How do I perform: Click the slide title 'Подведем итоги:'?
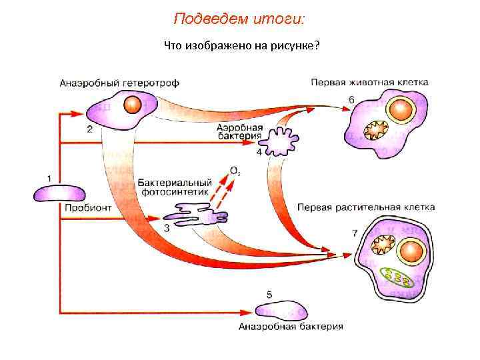tap(239, 18)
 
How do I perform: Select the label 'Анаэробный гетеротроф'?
tap(119, 83)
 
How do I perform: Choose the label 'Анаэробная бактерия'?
tap(291, 327)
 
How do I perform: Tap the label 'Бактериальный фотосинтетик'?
tap(175, 187)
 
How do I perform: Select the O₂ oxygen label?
tap(235, 171)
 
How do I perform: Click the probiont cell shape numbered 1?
tap(59, 193)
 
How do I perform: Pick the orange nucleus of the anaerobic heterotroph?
tap(133, 104)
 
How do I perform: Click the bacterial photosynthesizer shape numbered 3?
tap(197, 215)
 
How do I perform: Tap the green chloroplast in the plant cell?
tap(396, 275)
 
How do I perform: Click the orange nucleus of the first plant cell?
tap(412, 251)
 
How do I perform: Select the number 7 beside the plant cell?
tap(353, 233)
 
